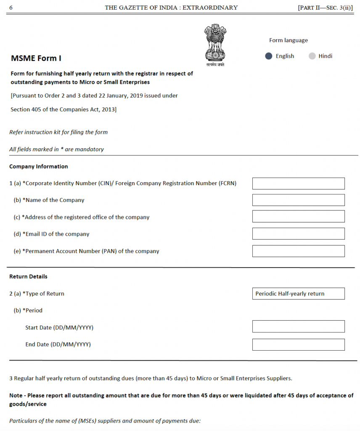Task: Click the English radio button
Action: [x=269, y=56]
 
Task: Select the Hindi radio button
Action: [x=312, y=56]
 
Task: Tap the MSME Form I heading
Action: [x=36, y=59]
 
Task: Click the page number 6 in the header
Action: [x=11, y=8]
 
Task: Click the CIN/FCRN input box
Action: [x=298, y=184]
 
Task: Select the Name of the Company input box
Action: [x=298, y=200]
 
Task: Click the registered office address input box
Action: [x=298, y=217]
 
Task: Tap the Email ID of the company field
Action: [x=298, y=234]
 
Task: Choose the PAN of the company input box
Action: [x=298, y=251]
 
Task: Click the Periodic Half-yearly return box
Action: [x=298, y=294]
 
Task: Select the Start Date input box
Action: [x=298, y=326]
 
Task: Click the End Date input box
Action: [x=298, y=345]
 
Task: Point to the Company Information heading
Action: [x=39, y=166]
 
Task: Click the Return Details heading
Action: [x=28, y=277]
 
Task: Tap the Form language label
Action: [x=289, y=40]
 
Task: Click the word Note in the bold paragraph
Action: [x=16, y=395]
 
